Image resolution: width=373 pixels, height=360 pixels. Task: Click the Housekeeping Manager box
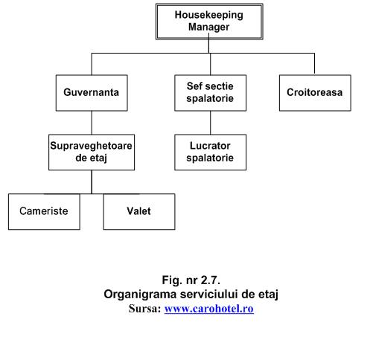(209, 22)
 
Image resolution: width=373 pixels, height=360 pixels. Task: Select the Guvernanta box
(92, 93)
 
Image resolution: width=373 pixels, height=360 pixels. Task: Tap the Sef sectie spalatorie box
(210, 93)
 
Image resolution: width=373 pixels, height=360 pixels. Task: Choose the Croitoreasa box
(315, 93)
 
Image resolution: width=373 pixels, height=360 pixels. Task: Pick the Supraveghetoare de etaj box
(92, 152)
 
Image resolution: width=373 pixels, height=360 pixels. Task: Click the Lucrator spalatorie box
(210, 152)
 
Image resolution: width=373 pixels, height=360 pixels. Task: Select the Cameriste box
(44, 212)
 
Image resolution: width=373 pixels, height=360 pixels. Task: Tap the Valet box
(139, 212)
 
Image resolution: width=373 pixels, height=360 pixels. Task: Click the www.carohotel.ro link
(209, 309)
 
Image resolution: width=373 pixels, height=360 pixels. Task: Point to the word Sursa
(144, 309)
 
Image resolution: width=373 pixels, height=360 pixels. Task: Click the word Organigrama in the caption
(140, 295)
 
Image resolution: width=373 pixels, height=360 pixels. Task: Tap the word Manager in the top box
(208, 27)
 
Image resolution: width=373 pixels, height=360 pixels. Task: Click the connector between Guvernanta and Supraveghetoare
(92, 123)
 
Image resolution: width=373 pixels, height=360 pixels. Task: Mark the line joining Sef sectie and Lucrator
(211, 123)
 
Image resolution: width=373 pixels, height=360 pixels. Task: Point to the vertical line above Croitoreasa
(314, 64)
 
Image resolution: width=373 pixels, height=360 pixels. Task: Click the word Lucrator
(210, 146)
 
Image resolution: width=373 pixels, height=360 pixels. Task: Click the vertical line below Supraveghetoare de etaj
(92, 182)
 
